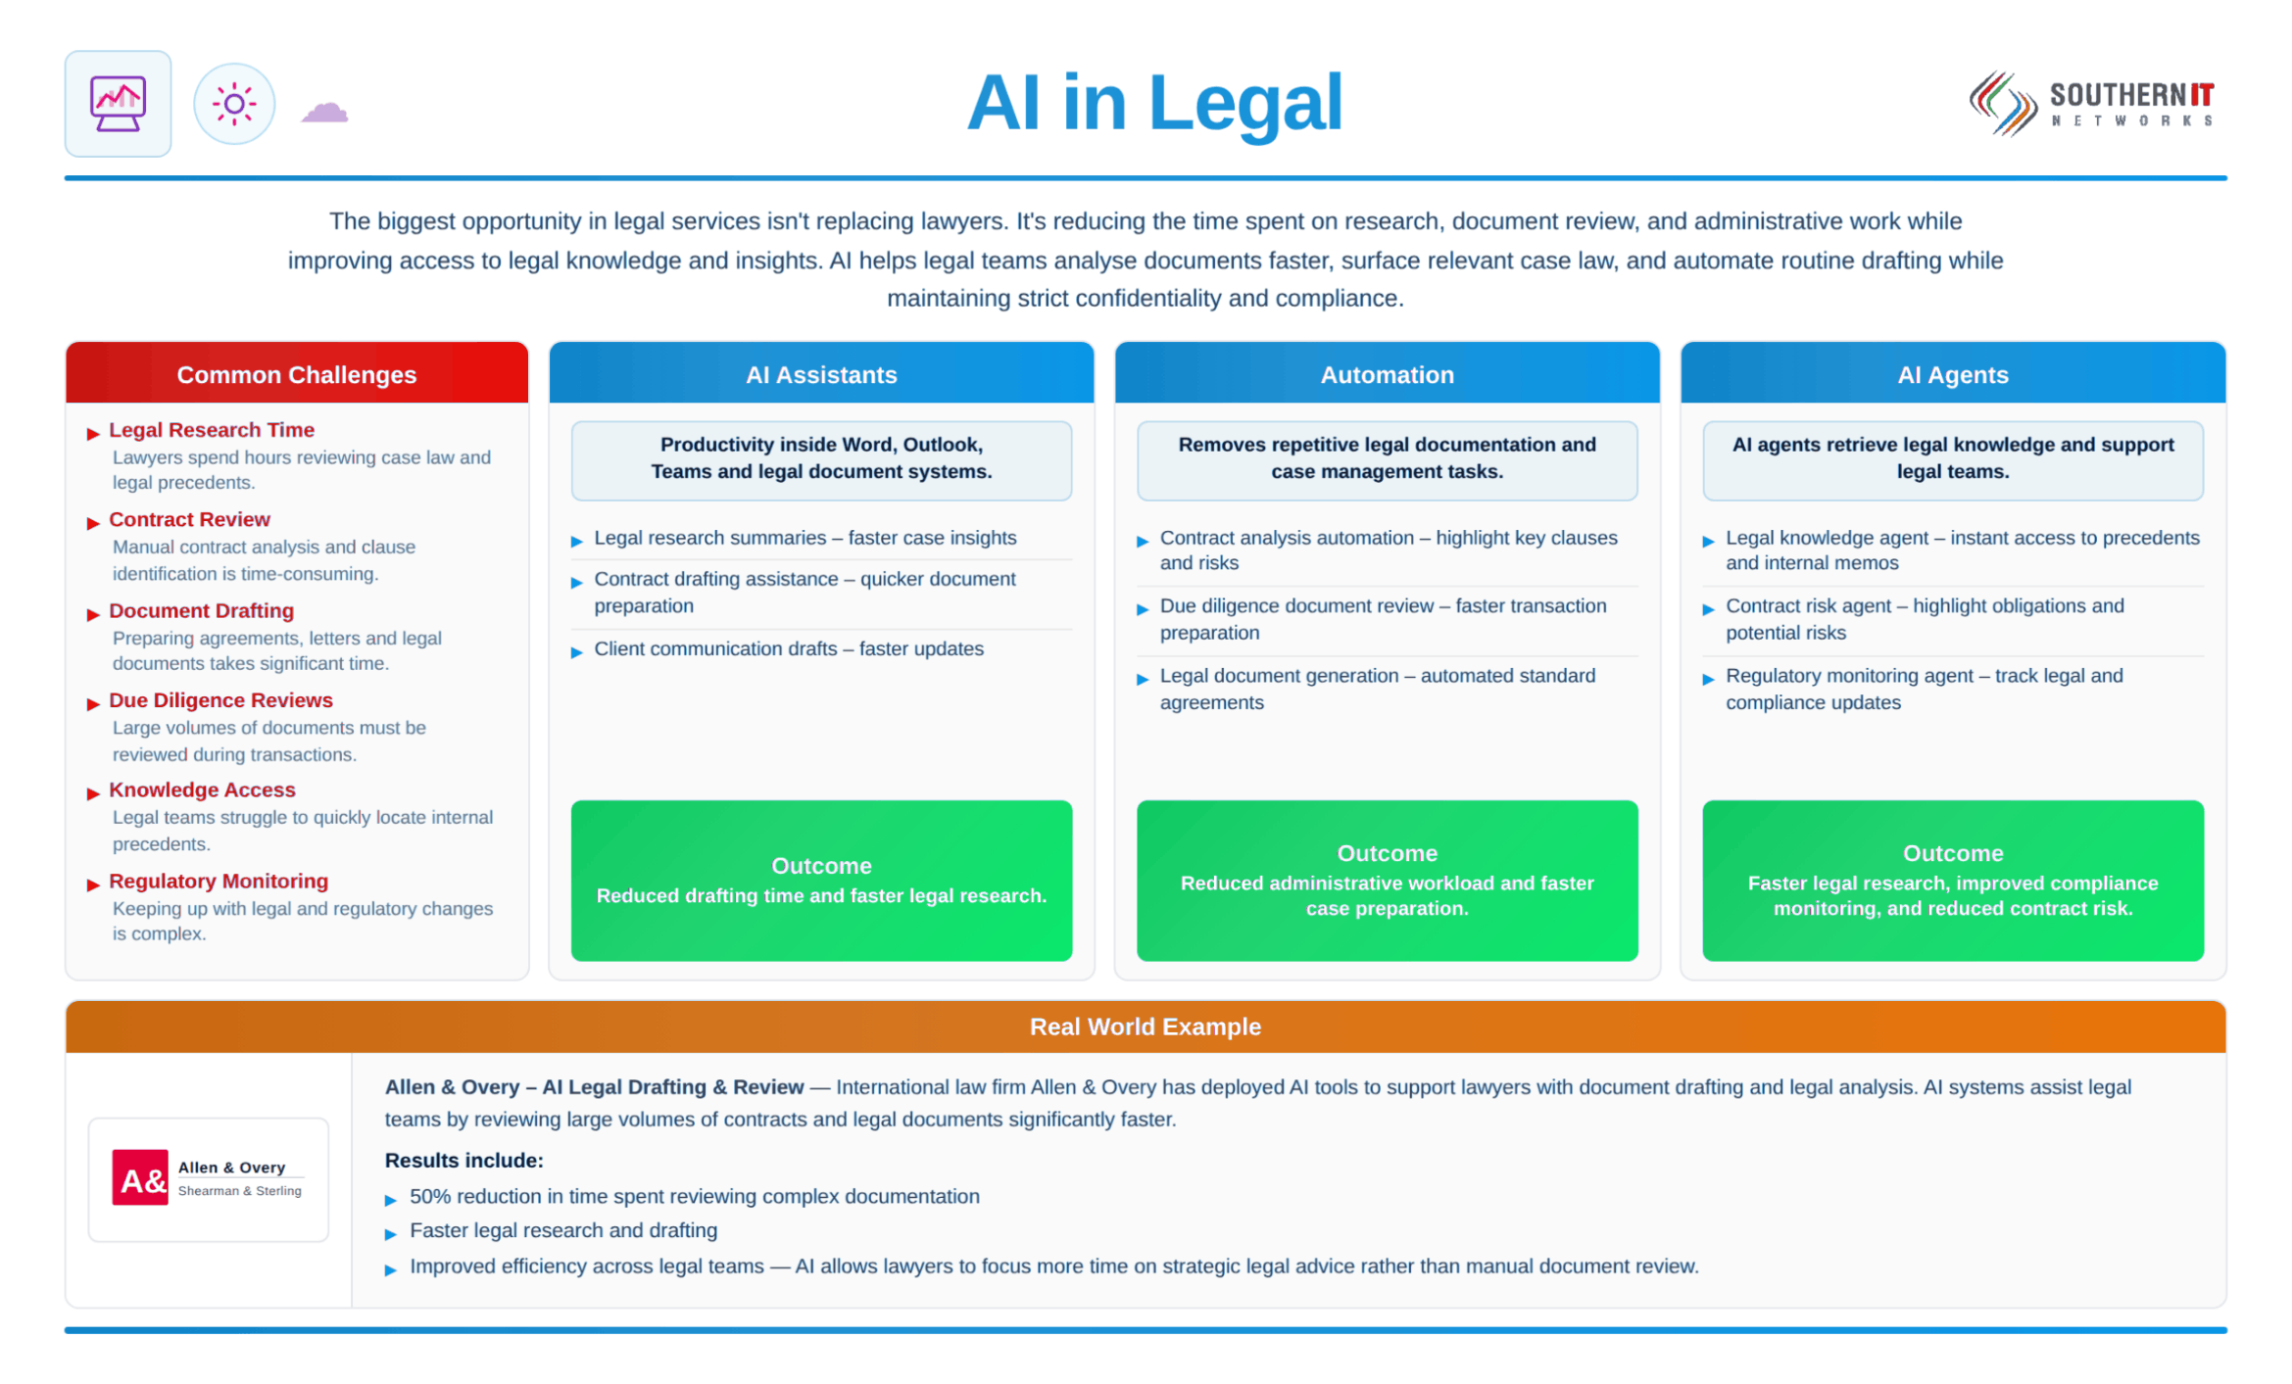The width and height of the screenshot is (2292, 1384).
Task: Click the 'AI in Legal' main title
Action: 1153,103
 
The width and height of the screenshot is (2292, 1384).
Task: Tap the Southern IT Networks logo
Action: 2091,104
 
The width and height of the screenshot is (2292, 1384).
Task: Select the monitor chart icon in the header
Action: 118,103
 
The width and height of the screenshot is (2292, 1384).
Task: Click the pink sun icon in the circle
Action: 234,104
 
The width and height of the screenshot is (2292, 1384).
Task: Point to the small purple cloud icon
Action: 324,112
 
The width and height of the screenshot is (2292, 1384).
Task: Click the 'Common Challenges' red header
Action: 297,374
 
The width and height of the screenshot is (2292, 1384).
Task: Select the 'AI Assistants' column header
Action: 821,374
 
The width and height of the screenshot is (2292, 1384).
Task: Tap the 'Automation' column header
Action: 1387,374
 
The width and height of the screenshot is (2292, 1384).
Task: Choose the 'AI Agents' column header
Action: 1953,374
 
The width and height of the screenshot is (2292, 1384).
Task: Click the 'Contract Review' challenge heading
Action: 189,519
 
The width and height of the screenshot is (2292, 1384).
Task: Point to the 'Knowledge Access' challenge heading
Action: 202,789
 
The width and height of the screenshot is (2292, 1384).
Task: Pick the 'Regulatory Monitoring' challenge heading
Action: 219,881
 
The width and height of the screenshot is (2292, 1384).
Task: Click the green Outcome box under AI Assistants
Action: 821,881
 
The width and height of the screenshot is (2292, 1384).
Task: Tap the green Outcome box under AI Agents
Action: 1953,881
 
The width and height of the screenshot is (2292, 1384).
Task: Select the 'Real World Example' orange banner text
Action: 1146,1026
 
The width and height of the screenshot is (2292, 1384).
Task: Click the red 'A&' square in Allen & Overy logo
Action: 140,1177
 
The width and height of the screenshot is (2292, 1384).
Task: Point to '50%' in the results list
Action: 427,1196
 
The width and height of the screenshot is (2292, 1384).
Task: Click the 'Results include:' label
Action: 463,1161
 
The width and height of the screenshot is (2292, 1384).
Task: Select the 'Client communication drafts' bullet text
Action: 715,648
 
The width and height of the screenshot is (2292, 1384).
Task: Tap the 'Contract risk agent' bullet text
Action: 1808,605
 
